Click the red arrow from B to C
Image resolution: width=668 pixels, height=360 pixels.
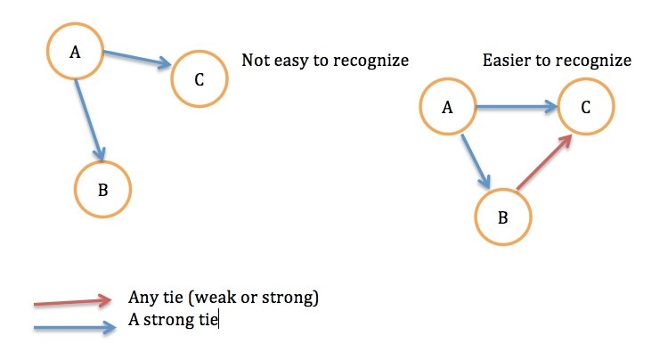544,162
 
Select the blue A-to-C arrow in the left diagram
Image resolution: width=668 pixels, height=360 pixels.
137,60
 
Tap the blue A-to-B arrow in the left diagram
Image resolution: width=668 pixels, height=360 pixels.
90,120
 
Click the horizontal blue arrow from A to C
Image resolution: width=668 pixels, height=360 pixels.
517,107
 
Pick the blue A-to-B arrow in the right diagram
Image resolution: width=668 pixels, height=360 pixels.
476,161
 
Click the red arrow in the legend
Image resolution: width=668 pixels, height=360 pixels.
72,301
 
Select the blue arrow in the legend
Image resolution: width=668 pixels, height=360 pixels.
75,328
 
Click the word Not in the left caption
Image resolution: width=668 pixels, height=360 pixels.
256,60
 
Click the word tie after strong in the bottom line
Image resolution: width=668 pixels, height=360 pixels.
208,320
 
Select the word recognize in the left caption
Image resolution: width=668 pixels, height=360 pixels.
371,61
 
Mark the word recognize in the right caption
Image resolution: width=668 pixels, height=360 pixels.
593,61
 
